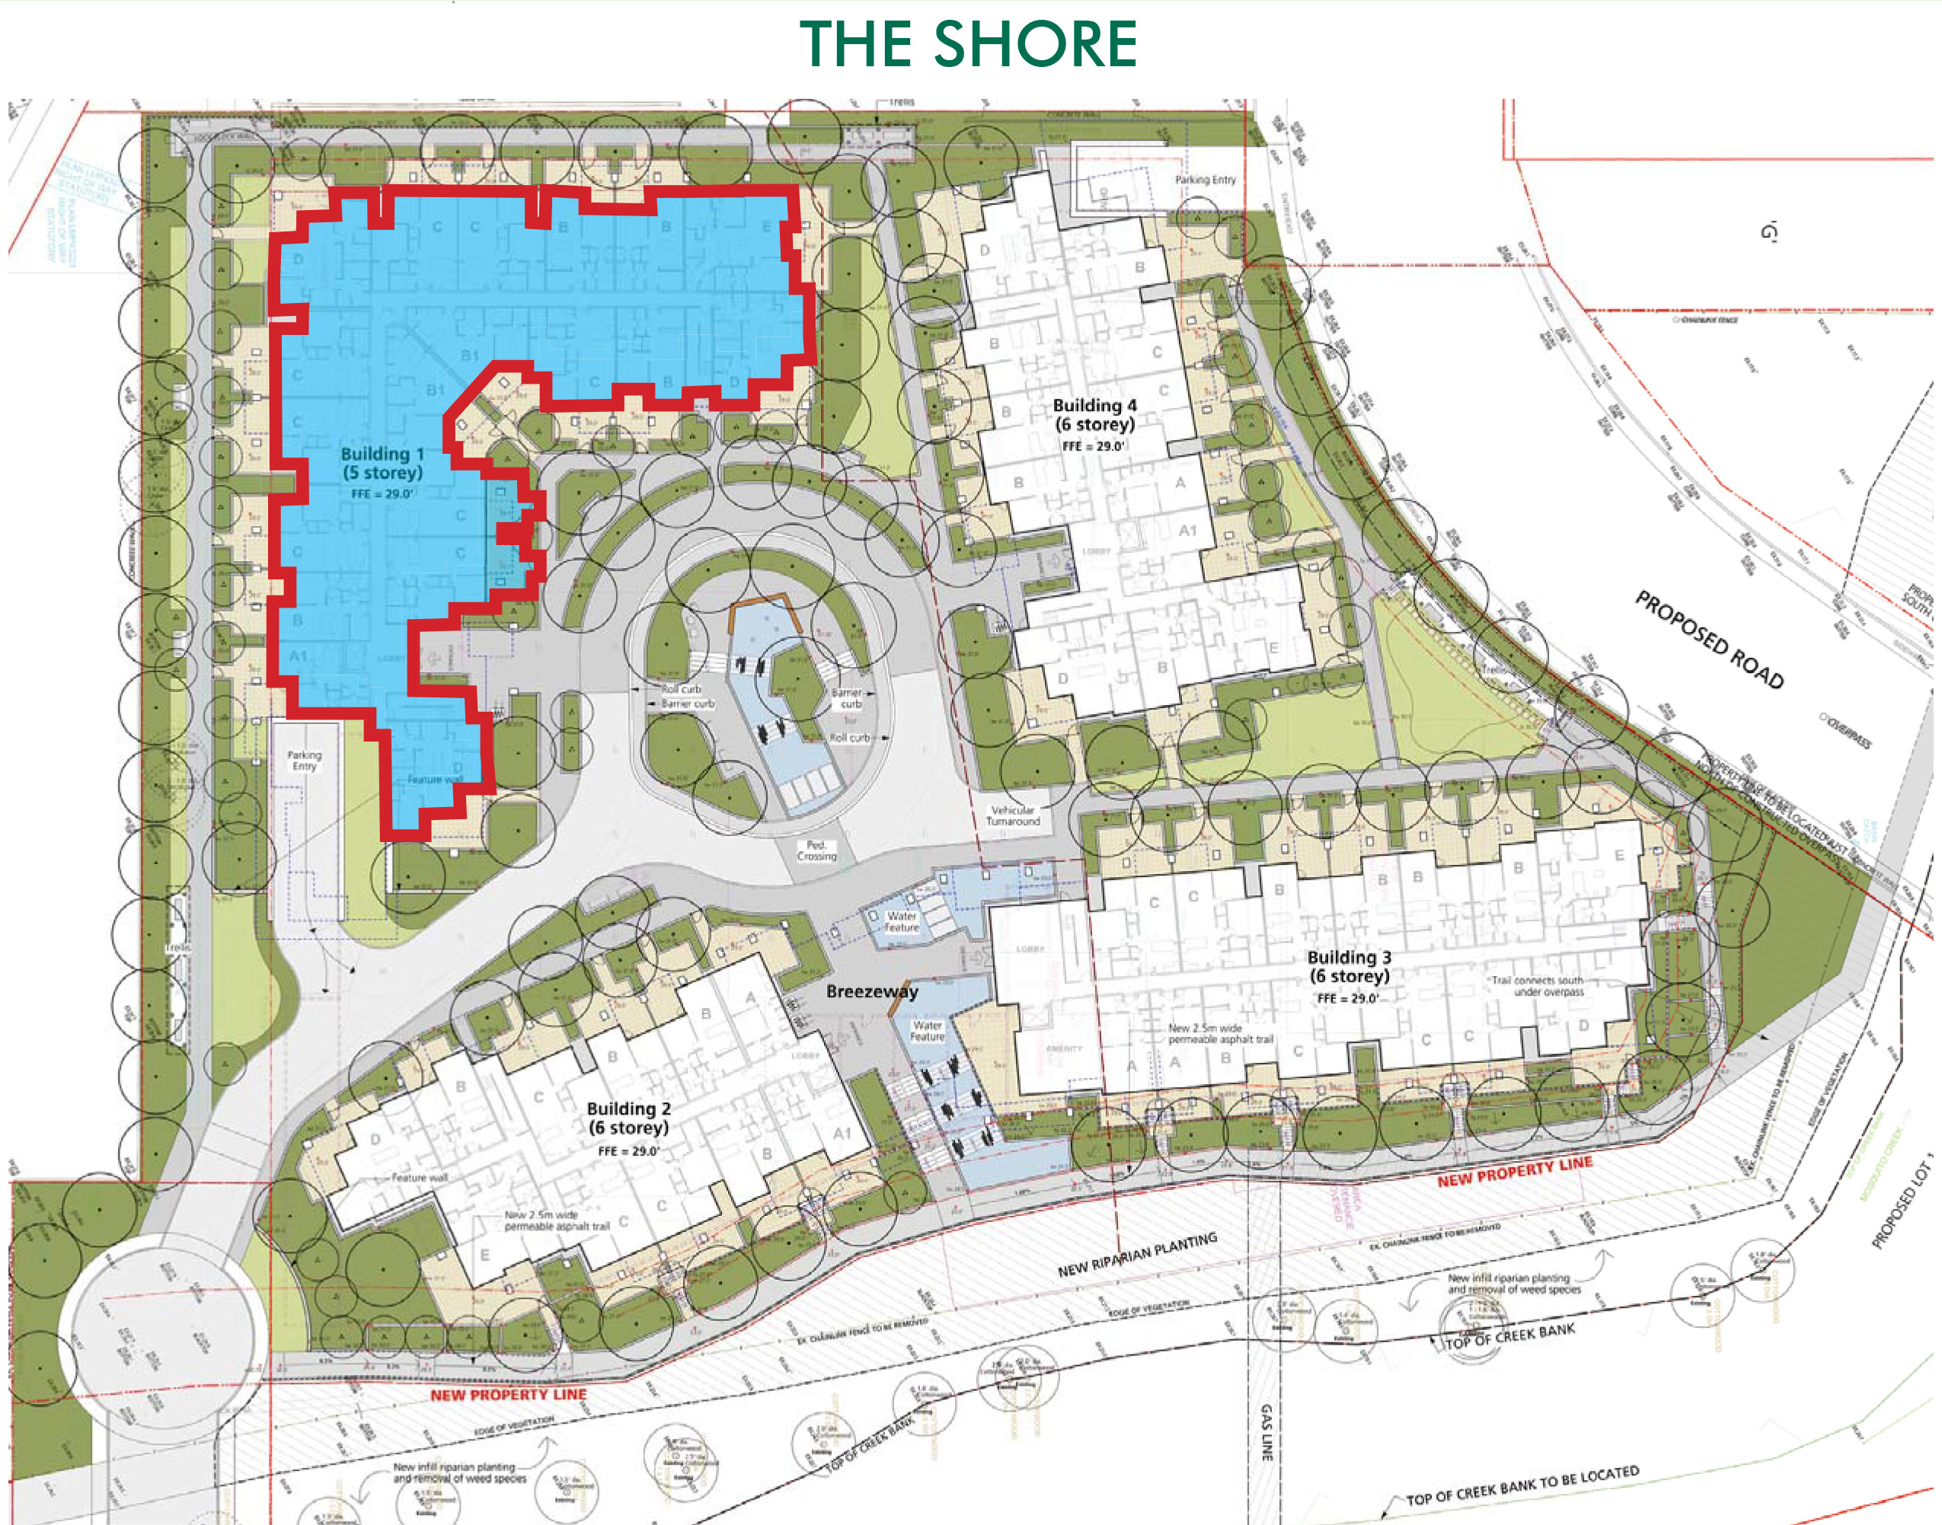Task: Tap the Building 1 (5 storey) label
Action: [382, 464]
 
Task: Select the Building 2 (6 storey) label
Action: [628, 1118]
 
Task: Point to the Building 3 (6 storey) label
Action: [1349, 966]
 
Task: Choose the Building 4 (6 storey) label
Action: [1094, 415]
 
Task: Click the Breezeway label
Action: [871, 991]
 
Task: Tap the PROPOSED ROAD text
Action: [1708, 640]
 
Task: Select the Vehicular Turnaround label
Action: [1014, 815]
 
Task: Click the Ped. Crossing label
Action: [816, 850]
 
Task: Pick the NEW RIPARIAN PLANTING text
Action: [1138, 1255]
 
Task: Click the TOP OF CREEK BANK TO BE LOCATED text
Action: [1522, 1484]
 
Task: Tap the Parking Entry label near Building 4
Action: [1206, 180]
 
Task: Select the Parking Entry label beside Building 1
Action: [304, 761]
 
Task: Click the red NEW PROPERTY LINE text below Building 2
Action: [508, 1395]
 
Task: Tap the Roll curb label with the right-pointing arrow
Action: [849, 738]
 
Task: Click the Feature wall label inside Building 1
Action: [435, 780]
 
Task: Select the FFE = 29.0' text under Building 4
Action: [1093, 445]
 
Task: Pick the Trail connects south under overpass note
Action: [1537, 986]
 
